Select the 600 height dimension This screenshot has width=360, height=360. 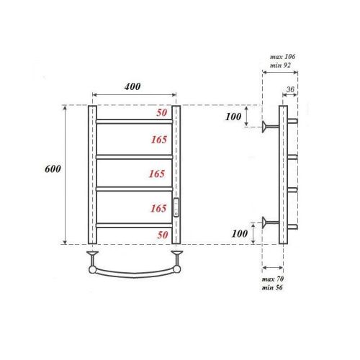pyautogui.click(x=53, y=169)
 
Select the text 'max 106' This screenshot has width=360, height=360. pyautogui.click(x=282, y=56)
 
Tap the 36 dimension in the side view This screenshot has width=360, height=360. pyautogui.click(x=290, y=90)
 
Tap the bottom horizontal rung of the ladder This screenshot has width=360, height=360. pyautogui.click(x=133, y=225)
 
